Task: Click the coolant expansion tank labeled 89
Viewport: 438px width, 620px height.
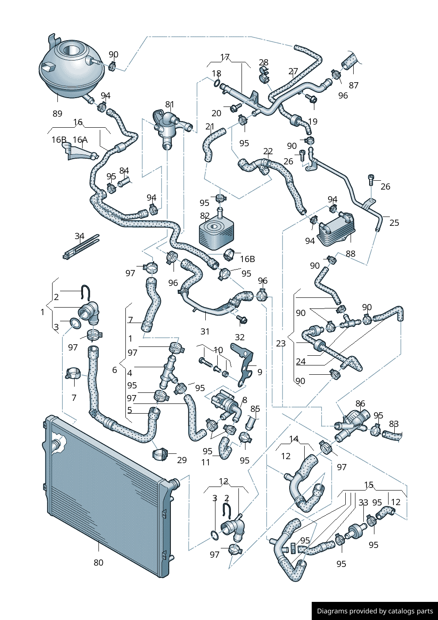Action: [71, 71]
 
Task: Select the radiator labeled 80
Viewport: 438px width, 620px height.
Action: [106, 495]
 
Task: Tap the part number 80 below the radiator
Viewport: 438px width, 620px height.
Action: [98, 563]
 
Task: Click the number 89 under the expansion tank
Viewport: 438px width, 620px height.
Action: [57, 114]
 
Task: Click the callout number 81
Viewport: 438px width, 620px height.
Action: [170, 105]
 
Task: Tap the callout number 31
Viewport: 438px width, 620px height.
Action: [205, 331]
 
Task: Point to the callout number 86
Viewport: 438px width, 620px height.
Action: [360, 403]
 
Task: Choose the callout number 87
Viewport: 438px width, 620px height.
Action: [354, 85]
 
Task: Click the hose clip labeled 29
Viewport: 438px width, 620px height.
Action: [161, 454]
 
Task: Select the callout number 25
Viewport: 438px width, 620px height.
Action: [394, 223]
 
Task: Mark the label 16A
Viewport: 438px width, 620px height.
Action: [80, 140]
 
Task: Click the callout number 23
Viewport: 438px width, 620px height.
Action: [281, 343]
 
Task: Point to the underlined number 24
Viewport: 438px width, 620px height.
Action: [301, 361]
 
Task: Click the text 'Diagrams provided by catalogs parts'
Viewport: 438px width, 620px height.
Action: [375, 611]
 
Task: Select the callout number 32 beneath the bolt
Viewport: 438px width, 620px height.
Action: [240, 337]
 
